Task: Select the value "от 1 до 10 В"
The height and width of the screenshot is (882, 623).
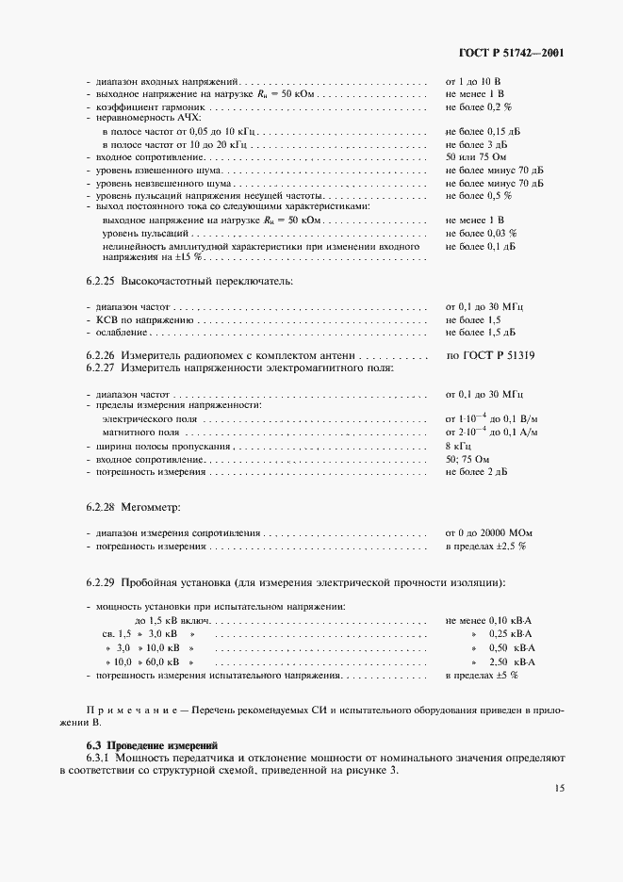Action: [x=472, y=83]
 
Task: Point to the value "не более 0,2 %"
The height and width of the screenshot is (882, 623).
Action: [x=478, y=107]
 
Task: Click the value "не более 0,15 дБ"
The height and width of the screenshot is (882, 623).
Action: [x=483, y=132]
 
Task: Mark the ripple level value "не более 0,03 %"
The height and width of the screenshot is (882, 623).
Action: [x=481, y=232]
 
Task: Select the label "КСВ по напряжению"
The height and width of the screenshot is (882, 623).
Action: [x=133, y=320]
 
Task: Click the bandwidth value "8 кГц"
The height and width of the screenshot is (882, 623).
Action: [x=458, y=445]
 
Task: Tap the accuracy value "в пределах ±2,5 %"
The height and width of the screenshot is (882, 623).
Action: [x=485, y=546]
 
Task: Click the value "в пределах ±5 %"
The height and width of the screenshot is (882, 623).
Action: [x=481, y=677]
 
